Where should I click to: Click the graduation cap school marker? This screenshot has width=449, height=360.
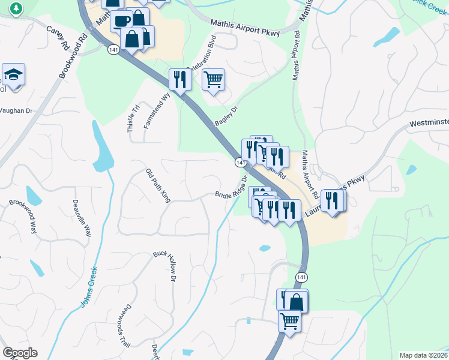[13, 75]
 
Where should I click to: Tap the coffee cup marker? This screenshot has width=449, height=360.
[122, 20]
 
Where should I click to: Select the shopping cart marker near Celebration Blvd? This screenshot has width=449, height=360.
[213, 79]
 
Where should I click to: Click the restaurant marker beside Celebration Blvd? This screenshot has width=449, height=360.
[179, 79]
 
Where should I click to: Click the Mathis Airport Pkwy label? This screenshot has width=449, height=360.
[245, 28]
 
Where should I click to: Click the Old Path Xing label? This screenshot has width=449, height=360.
[158, 185]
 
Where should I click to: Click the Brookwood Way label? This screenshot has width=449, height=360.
[23, 216]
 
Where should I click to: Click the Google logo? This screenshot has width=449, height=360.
[20, 353]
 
